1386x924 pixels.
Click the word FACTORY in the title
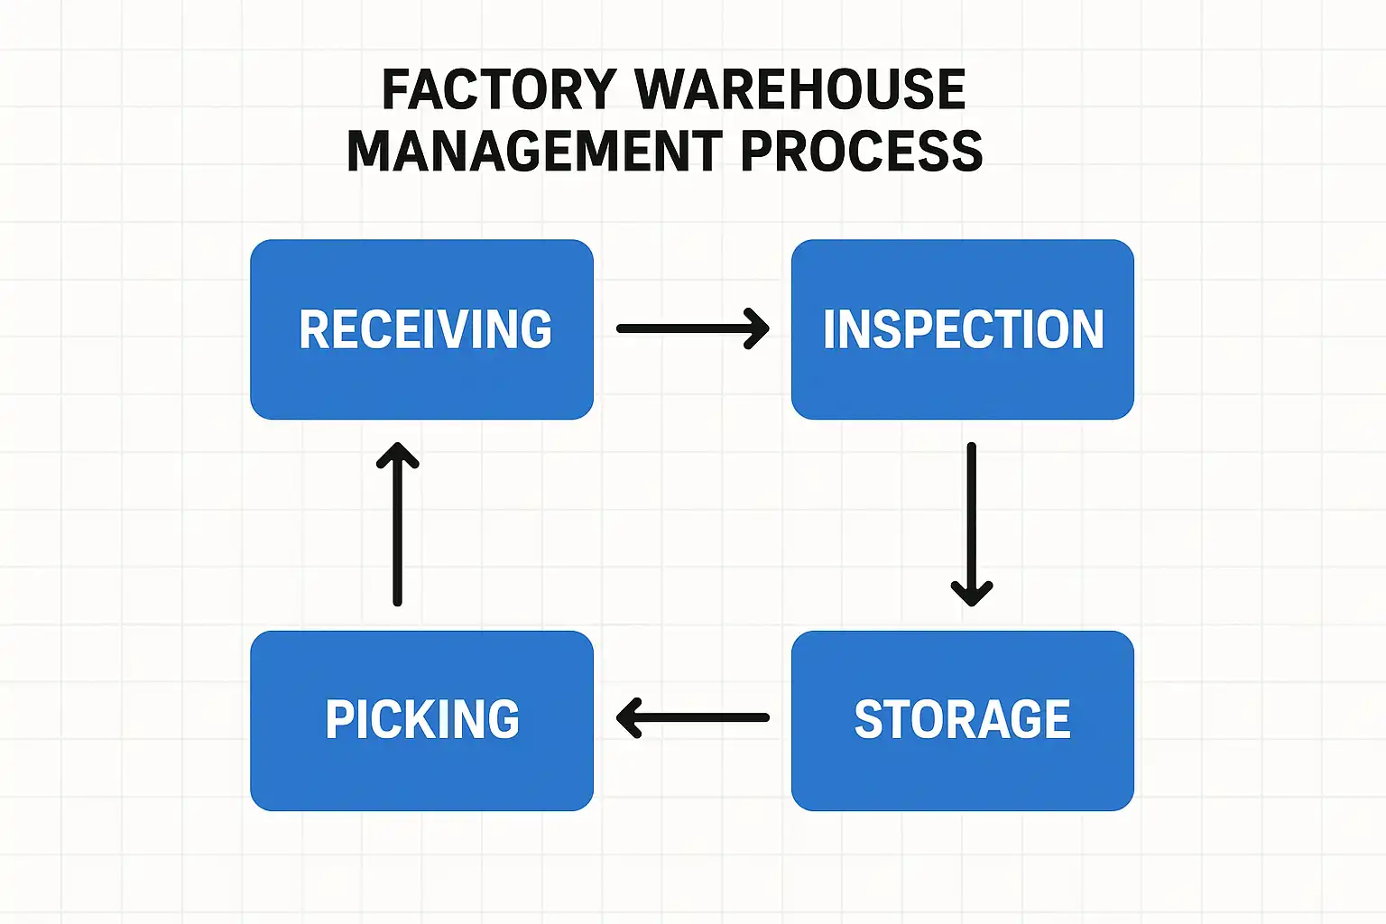click(x=499, y=89)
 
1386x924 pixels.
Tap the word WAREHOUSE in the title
click(x=800, y=89)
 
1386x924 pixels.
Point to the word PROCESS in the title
click(x=861, y=151)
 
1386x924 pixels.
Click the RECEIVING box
click(x=421, y=329)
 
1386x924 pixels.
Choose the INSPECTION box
click(x=962, y=329)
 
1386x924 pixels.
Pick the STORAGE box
click(x=962, y=720)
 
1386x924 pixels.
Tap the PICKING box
click(x=421, y=720)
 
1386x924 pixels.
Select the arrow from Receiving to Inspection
click(x=692, y=328)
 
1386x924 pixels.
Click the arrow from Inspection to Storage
click(x=972, y=523)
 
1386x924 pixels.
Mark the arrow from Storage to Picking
click(x=692, y=718)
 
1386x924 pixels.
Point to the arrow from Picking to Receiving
click(x=397, y=523)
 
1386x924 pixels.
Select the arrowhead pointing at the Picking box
click(x=628, y=718)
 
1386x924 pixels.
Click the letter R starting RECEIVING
click(x=315, y=329)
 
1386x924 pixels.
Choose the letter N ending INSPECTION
click(x=1087, y=329)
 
